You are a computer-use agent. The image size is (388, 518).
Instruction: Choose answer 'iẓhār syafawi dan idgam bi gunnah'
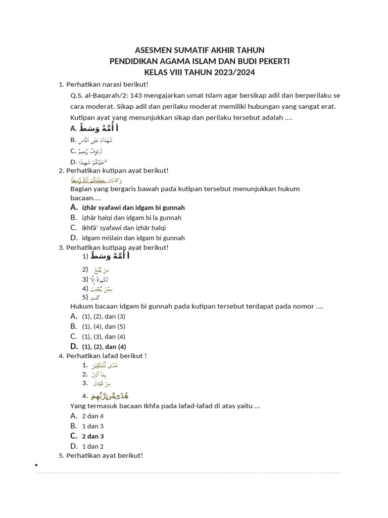pos(133,207)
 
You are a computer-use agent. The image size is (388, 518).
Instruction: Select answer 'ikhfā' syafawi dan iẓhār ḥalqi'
pos(124,228)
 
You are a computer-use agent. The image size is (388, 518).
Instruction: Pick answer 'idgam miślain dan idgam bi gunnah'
pos(133,238)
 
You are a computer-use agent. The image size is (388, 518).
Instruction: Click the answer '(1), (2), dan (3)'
pos(104,316)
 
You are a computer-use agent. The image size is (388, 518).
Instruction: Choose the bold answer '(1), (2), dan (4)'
pos(104,347)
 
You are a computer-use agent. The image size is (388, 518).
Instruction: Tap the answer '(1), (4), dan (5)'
pos(104,326)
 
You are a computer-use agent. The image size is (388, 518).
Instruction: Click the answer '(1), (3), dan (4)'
pos(104,336)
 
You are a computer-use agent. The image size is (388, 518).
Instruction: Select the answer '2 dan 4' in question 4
pos(93,416)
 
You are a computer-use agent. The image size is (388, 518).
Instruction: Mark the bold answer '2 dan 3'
pos(93,436)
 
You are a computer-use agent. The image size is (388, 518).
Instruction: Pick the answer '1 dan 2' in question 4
pos(93,446)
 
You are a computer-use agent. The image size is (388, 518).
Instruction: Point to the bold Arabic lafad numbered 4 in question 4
pos(109,396)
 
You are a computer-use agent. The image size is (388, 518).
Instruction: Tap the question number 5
pos(61,455)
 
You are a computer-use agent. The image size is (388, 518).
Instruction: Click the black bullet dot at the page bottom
pos(36,464)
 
